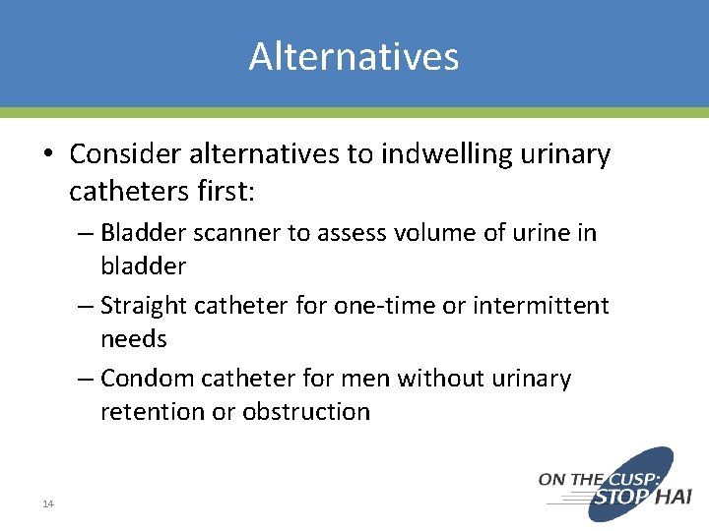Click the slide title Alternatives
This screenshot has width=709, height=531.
354,56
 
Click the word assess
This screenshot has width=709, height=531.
349,233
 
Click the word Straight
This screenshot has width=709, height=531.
145,306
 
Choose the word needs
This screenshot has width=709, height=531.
133,339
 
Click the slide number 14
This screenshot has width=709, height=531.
47,503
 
